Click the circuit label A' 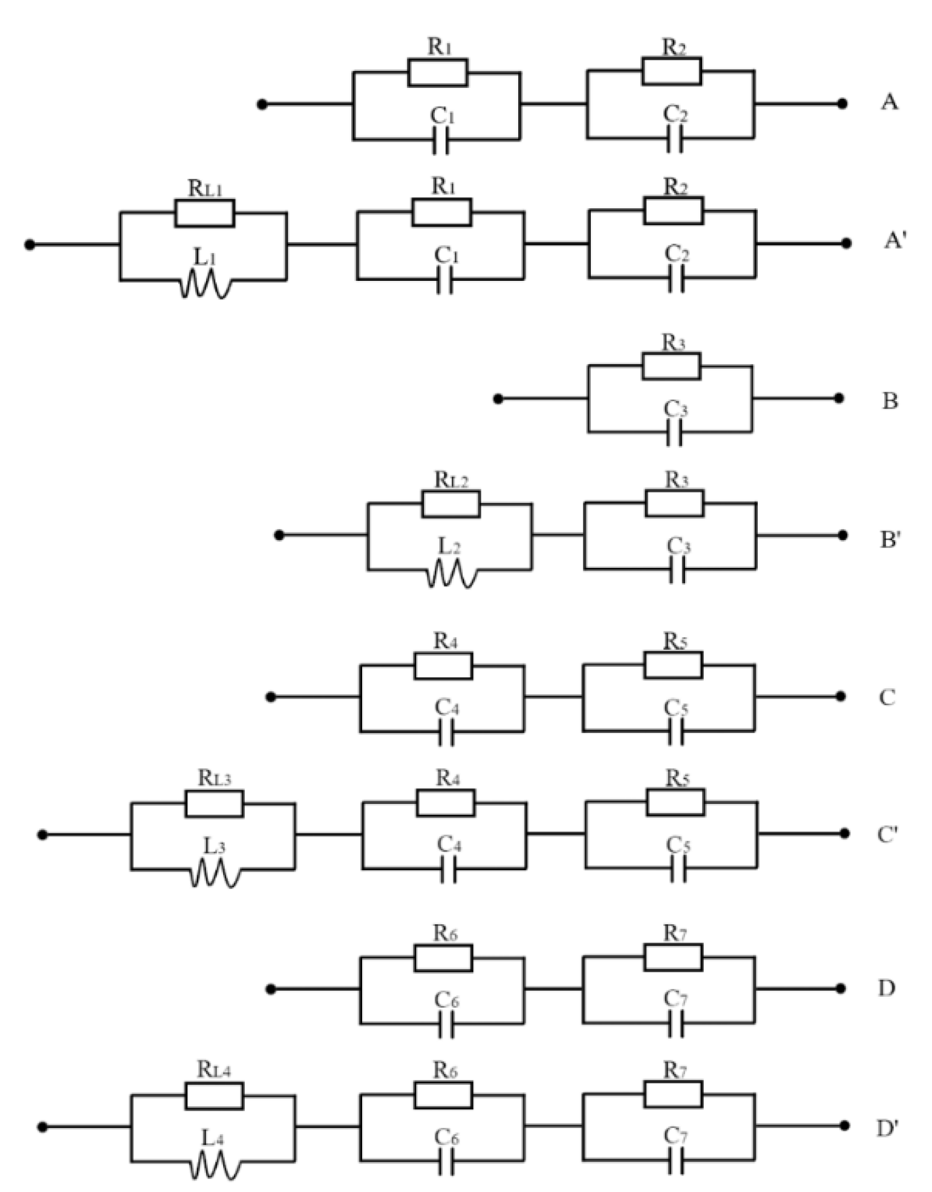[895, 242]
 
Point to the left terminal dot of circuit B [498, 399]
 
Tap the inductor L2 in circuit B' [451, 574]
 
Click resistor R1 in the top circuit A [438, 73]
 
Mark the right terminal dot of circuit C [841, 696]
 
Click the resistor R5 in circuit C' [675, 802]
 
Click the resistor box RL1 [204, 213]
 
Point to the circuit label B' [889, 541]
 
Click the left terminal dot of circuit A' [30, 245]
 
